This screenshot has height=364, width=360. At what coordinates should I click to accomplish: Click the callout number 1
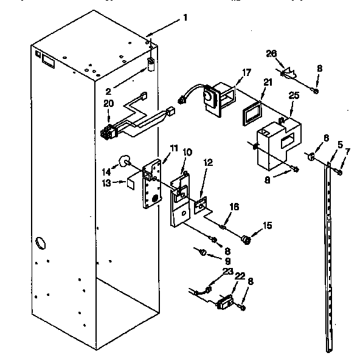(185, 18)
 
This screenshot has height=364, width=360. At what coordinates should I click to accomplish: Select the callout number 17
(246, 73)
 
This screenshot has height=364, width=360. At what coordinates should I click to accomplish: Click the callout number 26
(271, 53)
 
